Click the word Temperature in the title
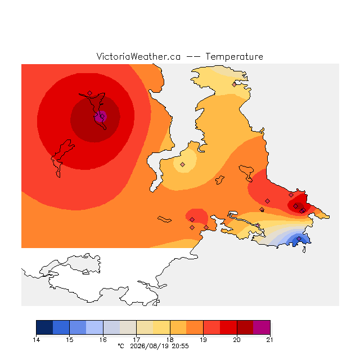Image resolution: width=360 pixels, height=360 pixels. tap(234, 56)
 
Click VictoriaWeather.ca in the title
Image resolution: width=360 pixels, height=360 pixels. tap(138, 56)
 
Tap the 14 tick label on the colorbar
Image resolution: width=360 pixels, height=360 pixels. tap(36, 340)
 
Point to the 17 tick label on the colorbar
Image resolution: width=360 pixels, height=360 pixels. tap(136, 340)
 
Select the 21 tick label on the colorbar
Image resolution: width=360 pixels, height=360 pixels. tap(270, 340)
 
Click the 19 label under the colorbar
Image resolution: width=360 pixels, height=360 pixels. tap(203, 340)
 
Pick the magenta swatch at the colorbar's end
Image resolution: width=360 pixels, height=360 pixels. tap(262, 327)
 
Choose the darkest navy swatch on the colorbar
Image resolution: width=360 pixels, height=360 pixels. tap(44, 327)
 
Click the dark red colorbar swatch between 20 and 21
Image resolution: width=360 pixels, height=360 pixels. tap(245, 327)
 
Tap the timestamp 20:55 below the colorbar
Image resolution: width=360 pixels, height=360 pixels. tap(180, 346)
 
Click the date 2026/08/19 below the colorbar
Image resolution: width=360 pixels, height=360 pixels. tap(150, 346)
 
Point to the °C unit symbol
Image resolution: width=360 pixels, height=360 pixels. tap(121, 346)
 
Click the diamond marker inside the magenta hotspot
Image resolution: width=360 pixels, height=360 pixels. tap(102, 116)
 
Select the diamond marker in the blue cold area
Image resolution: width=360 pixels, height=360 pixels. tap(299, 238)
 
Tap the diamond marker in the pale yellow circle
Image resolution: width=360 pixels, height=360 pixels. tap(182, 164)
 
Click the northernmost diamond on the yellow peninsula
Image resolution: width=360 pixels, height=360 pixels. tap(234, 84)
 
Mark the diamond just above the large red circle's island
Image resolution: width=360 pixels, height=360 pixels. tap(90, 93)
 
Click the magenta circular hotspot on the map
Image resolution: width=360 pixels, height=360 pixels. tap(101, 116)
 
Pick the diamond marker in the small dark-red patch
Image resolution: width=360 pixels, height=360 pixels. tap(296, 206)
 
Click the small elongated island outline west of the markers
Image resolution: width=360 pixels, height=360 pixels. tap(164, 219)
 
